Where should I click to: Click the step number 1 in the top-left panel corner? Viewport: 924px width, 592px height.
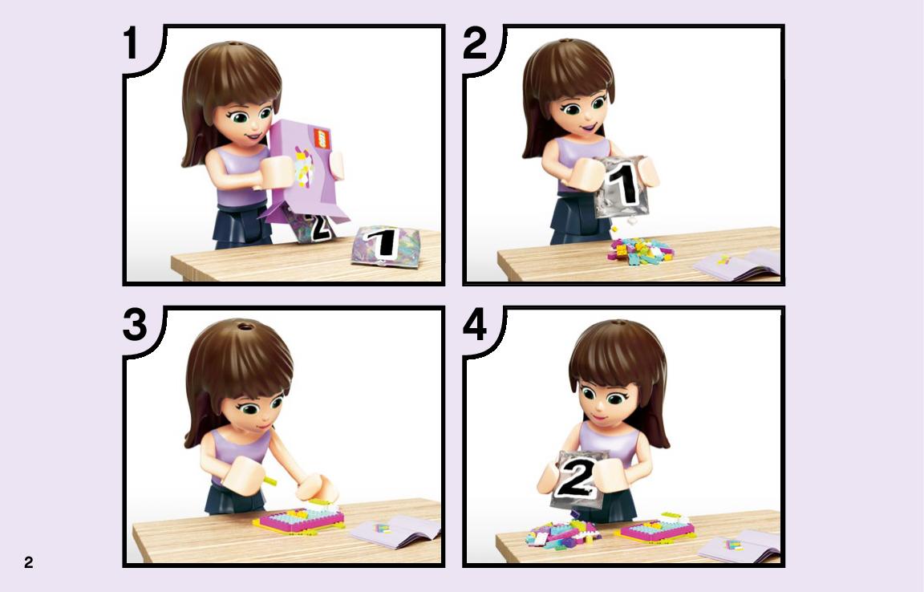130,43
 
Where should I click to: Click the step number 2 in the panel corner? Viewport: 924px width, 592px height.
475,43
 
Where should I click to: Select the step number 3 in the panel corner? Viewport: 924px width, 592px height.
135,325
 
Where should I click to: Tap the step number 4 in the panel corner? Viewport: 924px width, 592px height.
475,325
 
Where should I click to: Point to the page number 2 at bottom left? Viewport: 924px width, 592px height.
28,562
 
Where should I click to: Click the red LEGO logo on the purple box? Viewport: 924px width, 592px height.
322,139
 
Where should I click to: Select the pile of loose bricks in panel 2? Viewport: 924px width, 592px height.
640,249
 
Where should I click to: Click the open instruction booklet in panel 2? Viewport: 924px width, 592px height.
738,263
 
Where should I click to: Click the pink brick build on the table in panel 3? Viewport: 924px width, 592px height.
298,520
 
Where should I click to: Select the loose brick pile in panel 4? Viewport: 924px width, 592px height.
562,533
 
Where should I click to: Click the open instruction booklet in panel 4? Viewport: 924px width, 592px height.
739,546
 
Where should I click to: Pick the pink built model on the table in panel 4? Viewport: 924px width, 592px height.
654,529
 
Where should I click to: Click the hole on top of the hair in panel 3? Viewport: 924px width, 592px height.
243,326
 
